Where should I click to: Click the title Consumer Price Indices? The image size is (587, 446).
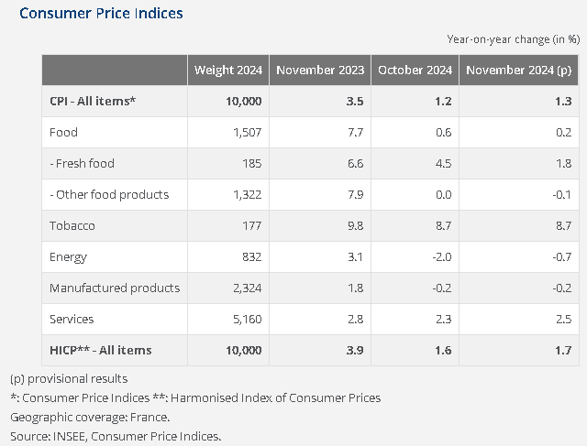pyautogui.click(x=102, y=14)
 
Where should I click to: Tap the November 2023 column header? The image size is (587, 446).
pyautogui.click(x=320, y=71)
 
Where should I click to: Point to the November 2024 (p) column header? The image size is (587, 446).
pyautogui.click(x=520, y=71)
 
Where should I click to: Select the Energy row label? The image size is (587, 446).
pyautogui.click(x=69, y=256)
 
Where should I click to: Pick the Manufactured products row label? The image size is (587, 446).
pyautogui.click(x=114, y=288)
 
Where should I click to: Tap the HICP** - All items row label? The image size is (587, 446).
pyautogui.click(x=100, y=350)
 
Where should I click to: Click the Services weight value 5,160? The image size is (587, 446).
pyautogui.click(x=244, y=319)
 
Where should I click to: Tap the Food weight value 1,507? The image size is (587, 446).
pyautogui.click(x=244, y=132)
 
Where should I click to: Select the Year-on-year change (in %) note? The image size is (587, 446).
pyautogui.click(x=513, y=39)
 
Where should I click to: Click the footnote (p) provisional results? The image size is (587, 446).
pyautogui.click(x=69, y=378)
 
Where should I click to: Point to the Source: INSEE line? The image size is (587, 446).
pyautogui.click(x=116, y=436)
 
